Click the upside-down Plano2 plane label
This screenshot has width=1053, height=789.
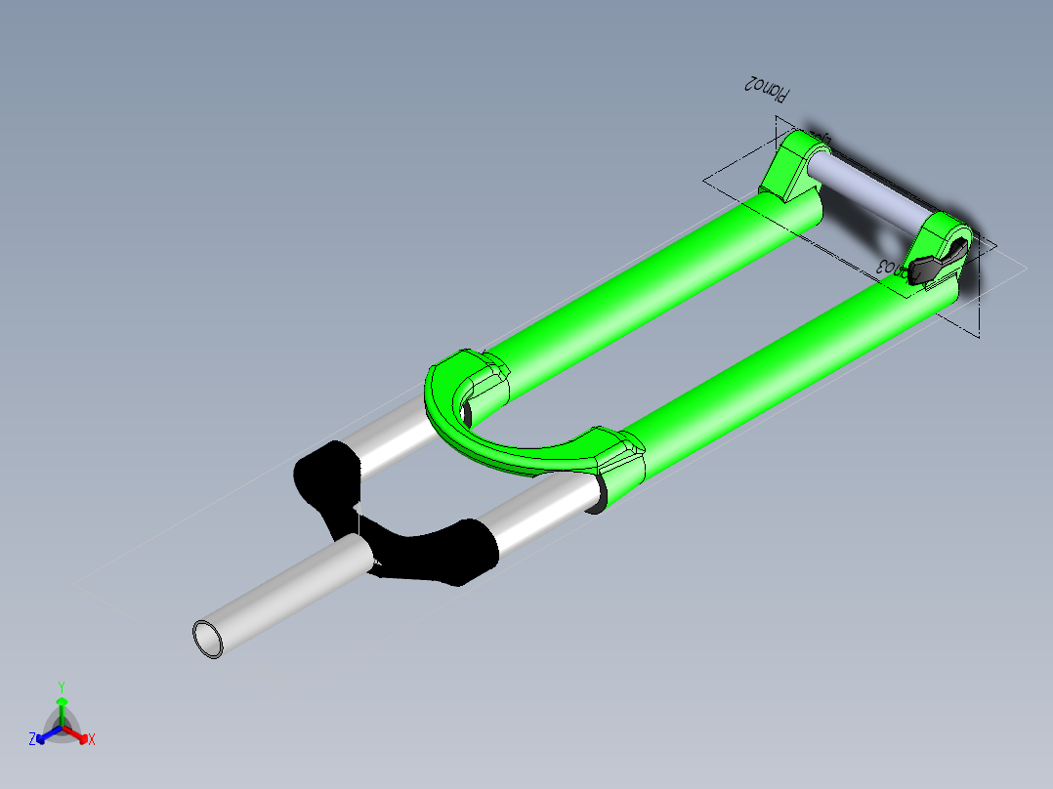pos(767,89)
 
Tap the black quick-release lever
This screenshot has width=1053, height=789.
pos(935,265)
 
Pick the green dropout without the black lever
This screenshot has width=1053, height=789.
pos(793,166)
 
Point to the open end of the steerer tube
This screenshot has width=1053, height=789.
pos(208,640)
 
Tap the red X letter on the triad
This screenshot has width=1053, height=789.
pos(92,740)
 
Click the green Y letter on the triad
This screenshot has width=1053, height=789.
pos(61,686)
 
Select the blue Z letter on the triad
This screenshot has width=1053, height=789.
pos(32,740)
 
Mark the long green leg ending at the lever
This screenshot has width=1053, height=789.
pos(781,361)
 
